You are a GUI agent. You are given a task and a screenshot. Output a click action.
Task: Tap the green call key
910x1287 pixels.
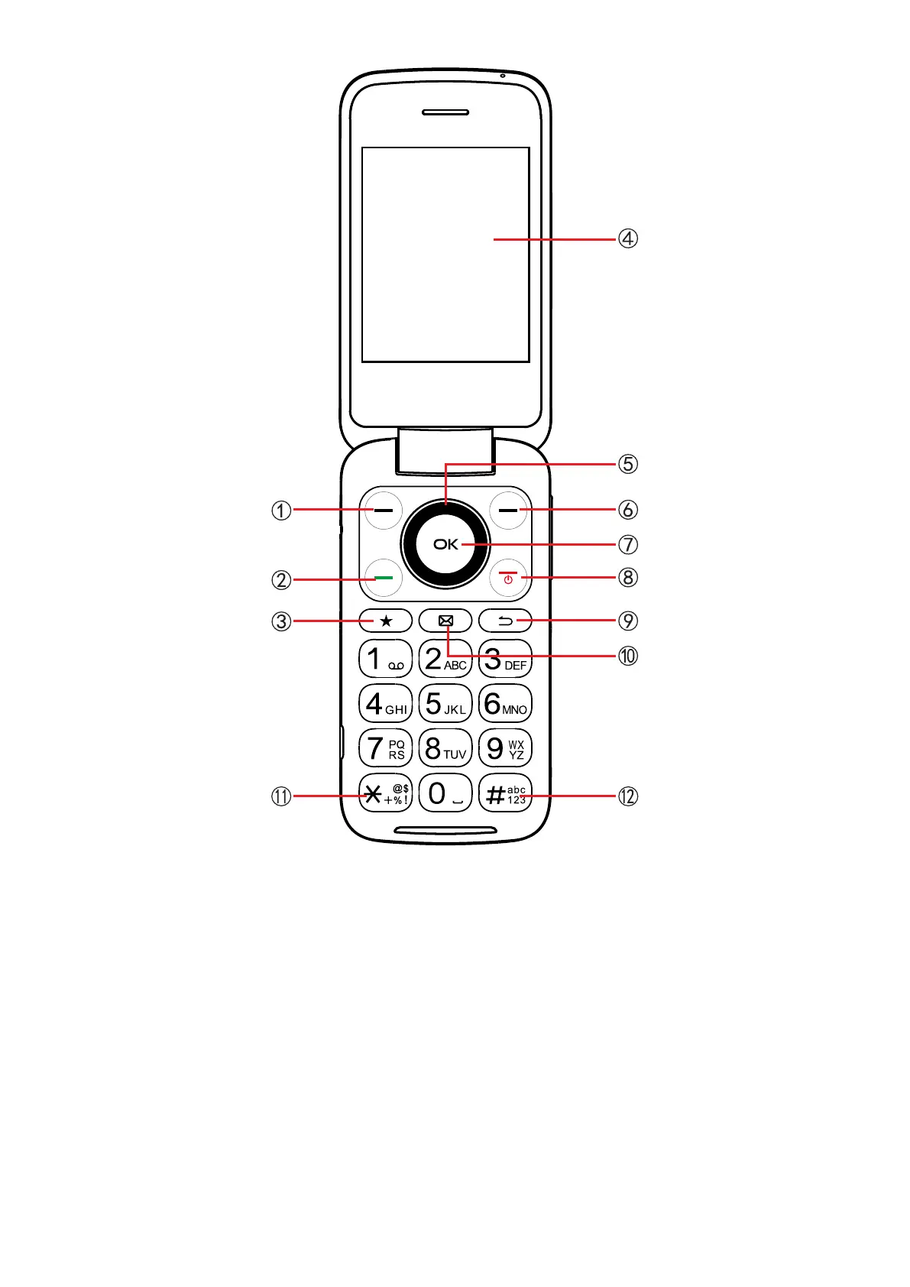(384, 579)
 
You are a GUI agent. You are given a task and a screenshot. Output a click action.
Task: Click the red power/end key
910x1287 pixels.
(508, 579)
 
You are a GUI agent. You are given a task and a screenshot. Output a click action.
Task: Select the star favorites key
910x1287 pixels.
(386, 621)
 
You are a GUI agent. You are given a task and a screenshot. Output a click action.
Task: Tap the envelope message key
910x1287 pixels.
(445, 621)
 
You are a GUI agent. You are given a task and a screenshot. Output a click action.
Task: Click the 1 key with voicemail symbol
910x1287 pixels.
(386, 659)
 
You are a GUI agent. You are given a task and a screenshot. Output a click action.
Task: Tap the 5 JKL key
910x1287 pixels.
(445, 704)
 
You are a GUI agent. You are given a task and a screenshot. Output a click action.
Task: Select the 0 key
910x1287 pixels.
(445, 793)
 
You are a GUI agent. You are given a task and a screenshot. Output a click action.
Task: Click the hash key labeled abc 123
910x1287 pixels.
(505, 794)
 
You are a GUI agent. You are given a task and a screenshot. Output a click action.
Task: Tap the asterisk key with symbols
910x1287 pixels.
(386, 794)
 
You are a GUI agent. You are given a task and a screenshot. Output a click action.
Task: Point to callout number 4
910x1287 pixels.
(627, 238)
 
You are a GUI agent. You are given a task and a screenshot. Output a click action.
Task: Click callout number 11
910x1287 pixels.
(281, 796)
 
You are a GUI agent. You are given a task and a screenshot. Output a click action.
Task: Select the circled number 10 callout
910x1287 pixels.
(627, 656)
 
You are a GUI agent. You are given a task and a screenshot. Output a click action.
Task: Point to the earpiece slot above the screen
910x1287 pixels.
(445, 112)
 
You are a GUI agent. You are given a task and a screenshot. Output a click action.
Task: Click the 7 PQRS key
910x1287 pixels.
(386, 748)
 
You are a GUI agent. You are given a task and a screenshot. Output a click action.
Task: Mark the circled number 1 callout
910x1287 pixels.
(281, 510)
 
